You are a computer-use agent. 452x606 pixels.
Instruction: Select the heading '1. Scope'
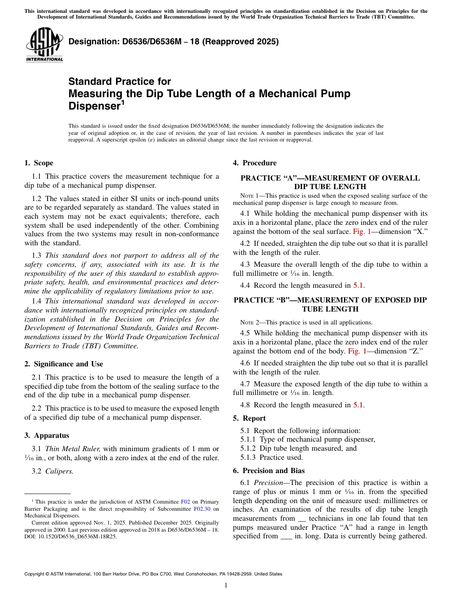pyautogui.click(x=39, y=163)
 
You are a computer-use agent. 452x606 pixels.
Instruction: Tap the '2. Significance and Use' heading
pyautogui.click(x=63, y=364)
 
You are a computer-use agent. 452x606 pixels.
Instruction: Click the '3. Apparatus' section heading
pyautogui.click(x=47, y=435)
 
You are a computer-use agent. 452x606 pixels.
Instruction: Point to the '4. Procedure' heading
pyautogui.click(x=255, y=163)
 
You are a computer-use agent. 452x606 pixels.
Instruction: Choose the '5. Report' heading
pyautogui.click(x=249, y=418)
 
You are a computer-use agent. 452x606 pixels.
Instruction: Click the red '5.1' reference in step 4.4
pyautogui.click(x=358, y=286)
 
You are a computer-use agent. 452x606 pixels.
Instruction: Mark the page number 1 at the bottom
pyautogui.click(x=226, y=586)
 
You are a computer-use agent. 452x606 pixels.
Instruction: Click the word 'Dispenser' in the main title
pyautogui.click(x=94, y=106)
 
